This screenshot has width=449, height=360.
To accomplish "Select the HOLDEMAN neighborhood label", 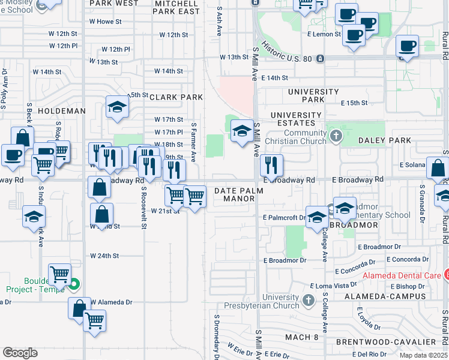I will click(62, 111).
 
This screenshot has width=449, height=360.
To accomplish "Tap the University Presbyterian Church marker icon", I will click(308, 299).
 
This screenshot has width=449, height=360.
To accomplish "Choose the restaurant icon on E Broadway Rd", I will click(272, 164).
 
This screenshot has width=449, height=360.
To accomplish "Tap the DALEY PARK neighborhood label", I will click(385, 140).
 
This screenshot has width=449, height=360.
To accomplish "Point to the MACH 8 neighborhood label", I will click(302, 337).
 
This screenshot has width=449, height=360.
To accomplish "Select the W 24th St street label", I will click(105, 256).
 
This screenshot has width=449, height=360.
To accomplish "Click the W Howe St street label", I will click(109, 22).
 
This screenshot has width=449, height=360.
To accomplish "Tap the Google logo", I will click(20, 352).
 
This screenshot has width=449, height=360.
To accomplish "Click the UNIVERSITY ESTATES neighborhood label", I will click(296, 119).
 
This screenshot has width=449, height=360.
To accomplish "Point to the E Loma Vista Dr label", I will click(329, 287).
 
